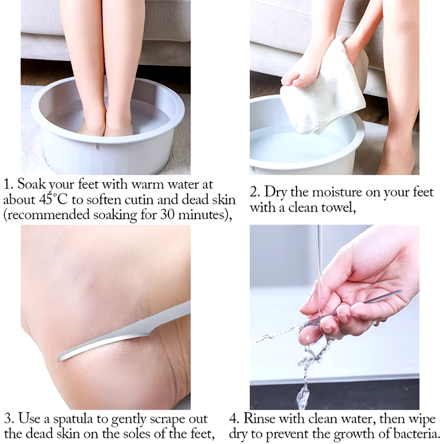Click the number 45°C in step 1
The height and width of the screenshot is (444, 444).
click(x=54, y=199)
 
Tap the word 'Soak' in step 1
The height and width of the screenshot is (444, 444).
click(x=31, y=184)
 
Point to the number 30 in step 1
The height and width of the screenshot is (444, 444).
click(x=168, y=214)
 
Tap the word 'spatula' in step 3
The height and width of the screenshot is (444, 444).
click(x=73, y=419)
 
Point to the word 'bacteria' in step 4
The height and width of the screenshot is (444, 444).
click(x=416, y=434)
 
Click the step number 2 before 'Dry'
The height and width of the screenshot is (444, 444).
click(x=255, y=192)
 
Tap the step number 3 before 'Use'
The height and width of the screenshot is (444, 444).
click(x=9, y=419)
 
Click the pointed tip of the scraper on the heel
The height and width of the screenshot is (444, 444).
click(x=59, y=359)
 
